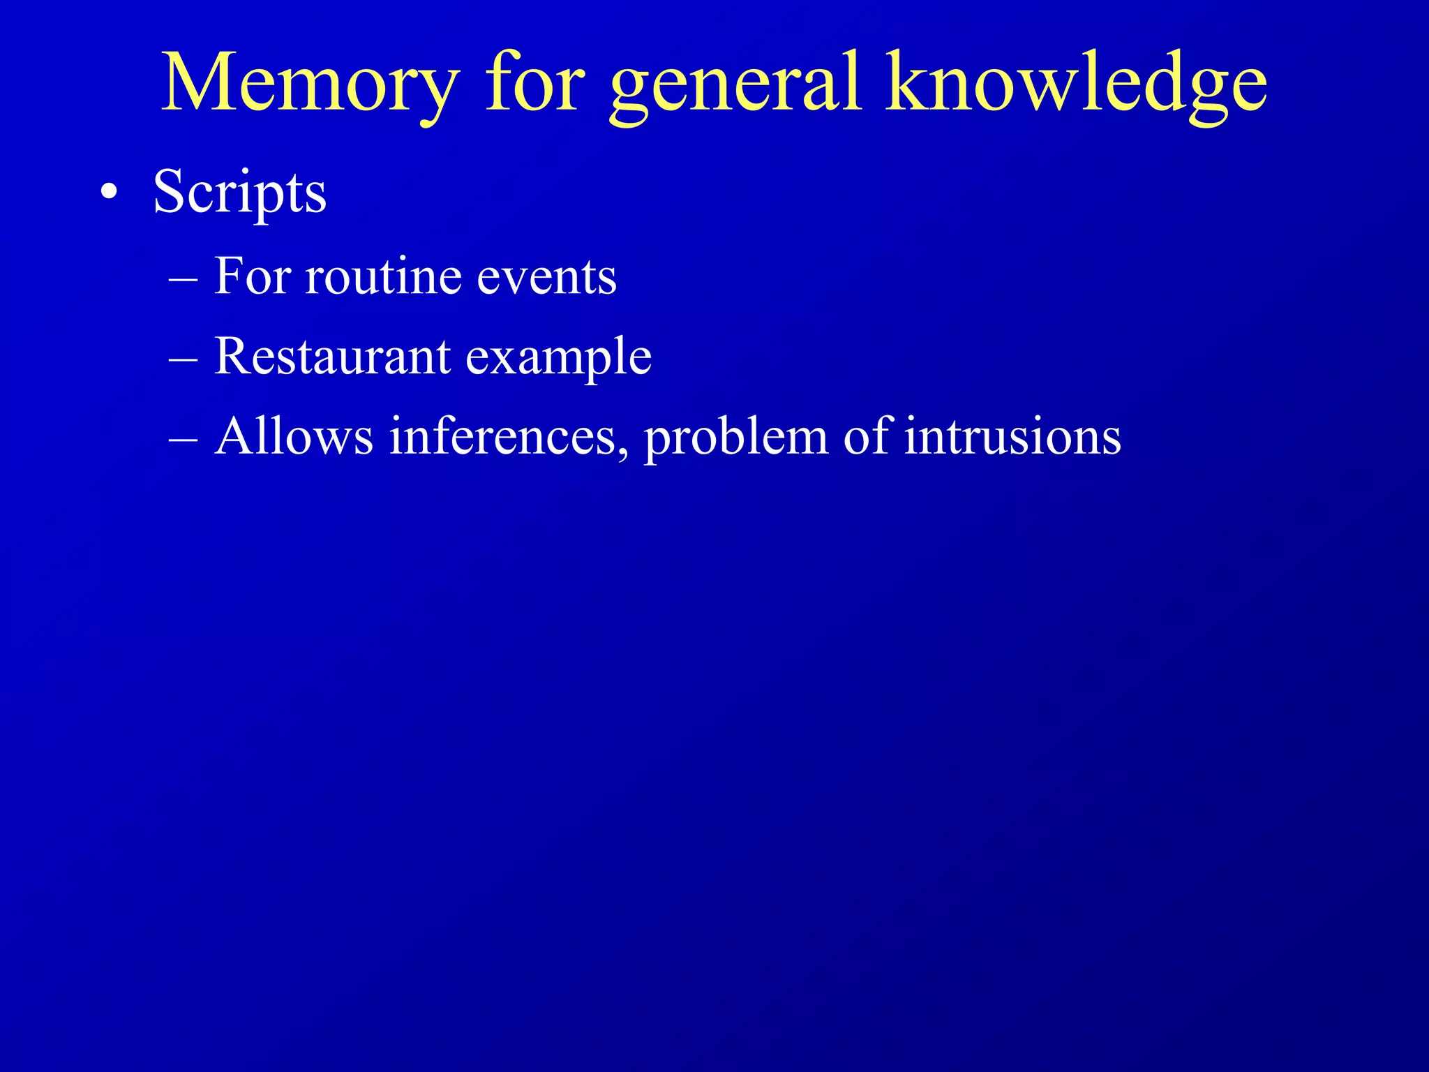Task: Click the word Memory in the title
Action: coord(311,84)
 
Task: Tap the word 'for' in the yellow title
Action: coord(534,84)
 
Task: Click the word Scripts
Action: coord(239,193)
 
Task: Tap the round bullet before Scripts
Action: coord(108,193)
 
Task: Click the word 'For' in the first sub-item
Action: coord(251,276)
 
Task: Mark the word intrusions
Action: coord(1012,437)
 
